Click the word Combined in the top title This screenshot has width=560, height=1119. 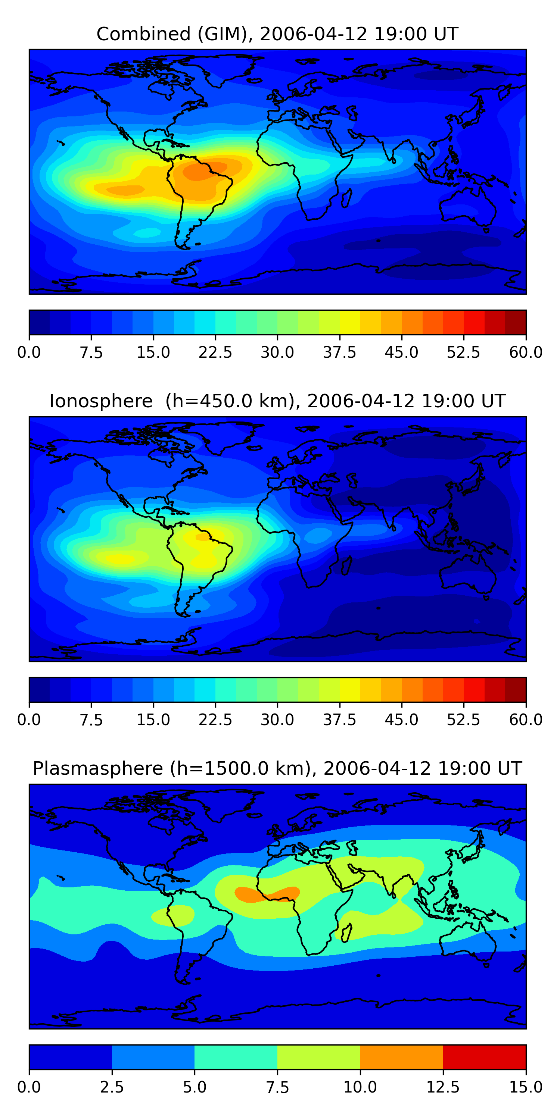pos(143,34)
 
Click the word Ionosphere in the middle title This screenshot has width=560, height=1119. pos(101,401)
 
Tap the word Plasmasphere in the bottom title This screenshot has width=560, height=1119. pos(98,768)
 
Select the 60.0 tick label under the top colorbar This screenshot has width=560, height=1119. pos(526,352)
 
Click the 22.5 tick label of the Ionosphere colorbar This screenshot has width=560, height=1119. pos(215,720)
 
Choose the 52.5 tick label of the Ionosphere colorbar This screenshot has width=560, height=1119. pos(463,720)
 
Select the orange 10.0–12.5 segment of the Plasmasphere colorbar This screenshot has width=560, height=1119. pos(402,1057)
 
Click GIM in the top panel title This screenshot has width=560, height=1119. pos(225,34)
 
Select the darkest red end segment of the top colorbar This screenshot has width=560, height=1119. pos(516,322)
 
